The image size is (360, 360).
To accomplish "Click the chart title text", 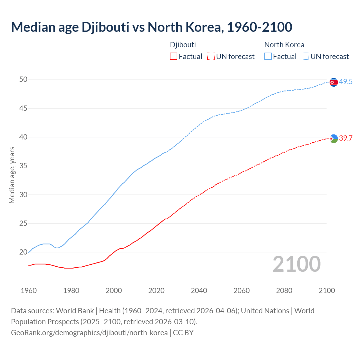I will (152, 27).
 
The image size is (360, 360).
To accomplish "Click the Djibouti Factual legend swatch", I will (174, 56).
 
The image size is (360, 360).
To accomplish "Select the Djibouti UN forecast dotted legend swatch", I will (211, 56).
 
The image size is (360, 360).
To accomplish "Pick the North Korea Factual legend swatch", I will (268, 56).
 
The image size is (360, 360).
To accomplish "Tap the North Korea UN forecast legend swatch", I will (305, 56).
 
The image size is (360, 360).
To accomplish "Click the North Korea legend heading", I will (284, 45).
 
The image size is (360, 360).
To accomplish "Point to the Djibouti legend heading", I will (183, 45).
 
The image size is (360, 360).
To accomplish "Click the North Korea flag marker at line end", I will (334, 82).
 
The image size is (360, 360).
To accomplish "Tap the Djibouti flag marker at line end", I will (334, 138).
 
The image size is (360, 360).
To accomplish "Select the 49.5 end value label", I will (346, 82).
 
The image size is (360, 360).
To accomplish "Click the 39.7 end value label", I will (346, 138).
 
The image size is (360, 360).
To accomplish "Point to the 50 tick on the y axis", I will (23, 80).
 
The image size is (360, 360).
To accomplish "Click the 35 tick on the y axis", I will (23, 166).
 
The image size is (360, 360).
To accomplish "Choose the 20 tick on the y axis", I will (23, 252).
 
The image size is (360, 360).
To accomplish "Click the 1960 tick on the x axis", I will (29, 291).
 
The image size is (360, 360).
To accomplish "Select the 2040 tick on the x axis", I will (199, 291).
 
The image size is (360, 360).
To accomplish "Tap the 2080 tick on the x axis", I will (284, 291).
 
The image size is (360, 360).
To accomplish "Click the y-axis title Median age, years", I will (12, 175).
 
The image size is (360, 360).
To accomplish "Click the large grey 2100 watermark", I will (297, 264).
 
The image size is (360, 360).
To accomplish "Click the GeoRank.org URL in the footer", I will (89, 333).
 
